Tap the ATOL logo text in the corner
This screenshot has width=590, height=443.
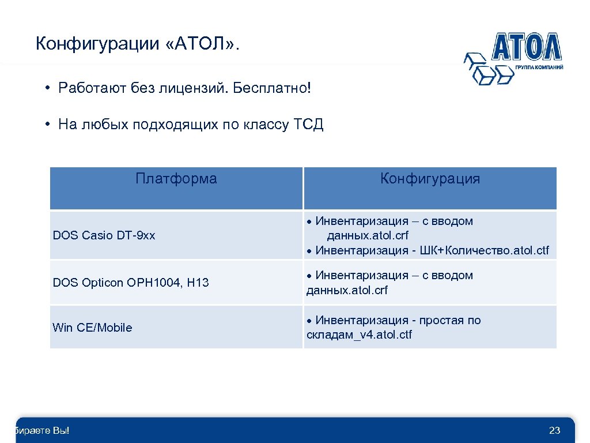[x=525, y=47]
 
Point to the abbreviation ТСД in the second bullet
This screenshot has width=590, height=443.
[x=309, y=125]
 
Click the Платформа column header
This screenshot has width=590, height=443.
[x=176, y=179]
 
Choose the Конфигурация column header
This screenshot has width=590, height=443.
[x=430, y=179]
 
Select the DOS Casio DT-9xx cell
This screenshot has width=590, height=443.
[x=104, y=235]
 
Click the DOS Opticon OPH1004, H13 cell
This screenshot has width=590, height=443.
[x=131, y=283]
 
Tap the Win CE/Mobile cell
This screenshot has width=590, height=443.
[x=92, y=328]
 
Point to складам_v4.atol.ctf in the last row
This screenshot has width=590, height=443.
[x=359, y=335]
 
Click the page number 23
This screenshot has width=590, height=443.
[x=555, y=430]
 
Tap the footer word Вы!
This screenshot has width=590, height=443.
[x=59, y=430]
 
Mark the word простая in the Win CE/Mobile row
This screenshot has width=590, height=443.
[x=442, y=320]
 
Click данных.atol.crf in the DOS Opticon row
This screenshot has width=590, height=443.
[x=347, y=290]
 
